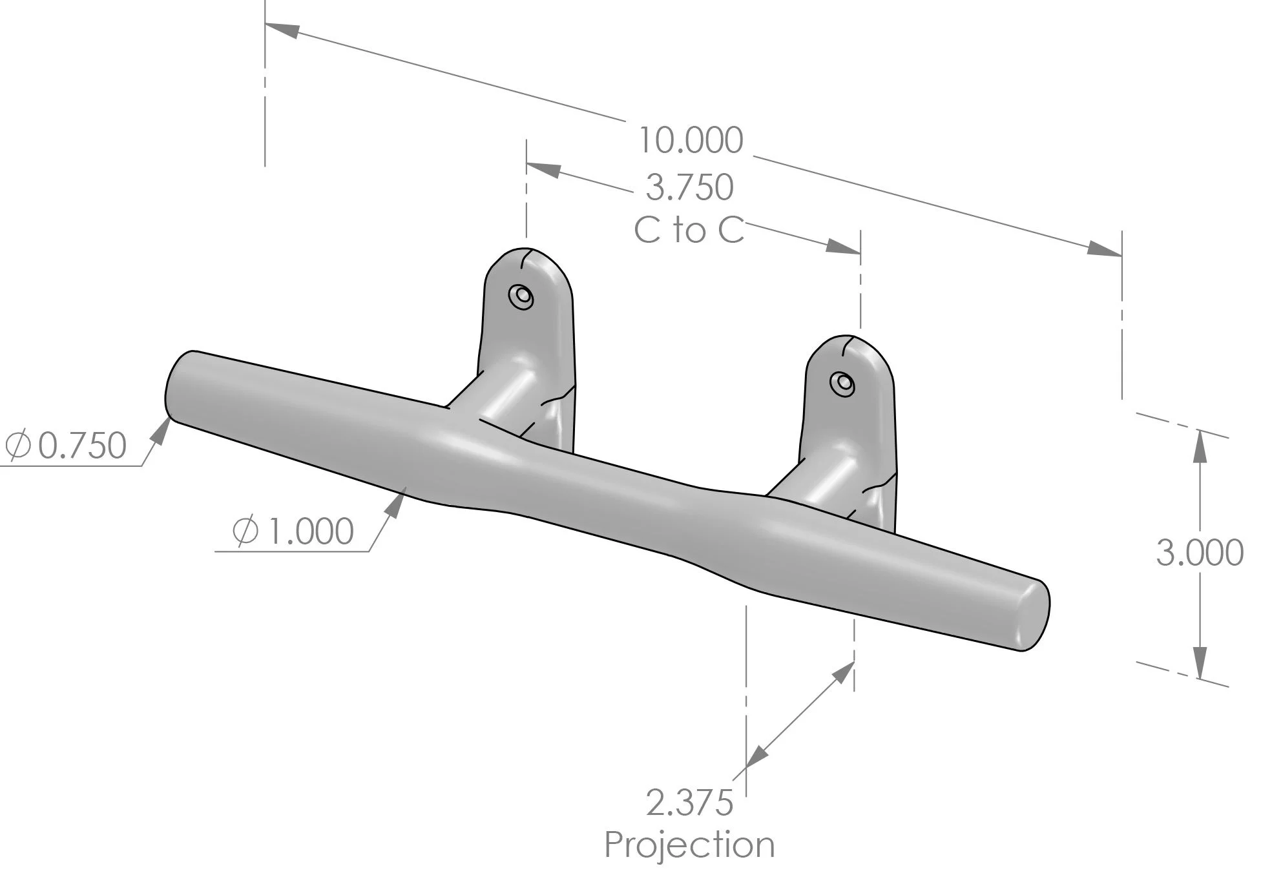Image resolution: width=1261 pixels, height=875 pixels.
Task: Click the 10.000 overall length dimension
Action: click(x=690, y=140)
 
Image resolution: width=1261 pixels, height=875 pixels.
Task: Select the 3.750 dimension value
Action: click(x=689, y=187)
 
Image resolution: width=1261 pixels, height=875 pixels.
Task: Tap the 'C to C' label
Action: click(x=689, y=231)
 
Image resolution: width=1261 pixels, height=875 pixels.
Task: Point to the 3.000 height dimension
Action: click(x=1199, y=553)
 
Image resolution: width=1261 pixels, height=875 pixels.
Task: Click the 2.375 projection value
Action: click(x=689, y=803)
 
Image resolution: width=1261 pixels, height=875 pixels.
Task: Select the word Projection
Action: click(x=689, y=845)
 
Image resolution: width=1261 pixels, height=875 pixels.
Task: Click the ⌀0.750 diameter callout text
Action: click(x=66, y=446)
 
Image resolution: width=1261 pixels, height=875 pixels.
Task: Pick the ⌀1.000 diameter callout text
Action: click(x=293, y=531)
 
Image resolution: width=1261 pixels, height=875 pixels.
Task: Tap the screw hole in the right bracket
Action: click(x=842, y=384)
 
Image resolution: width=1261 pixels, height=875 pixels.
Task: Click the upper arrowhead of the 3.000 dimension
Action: click(x=1200, y=446)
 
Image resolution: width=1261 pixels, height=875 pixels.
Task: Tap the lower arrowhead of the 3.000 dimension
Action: click(x=1200, y=664)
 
